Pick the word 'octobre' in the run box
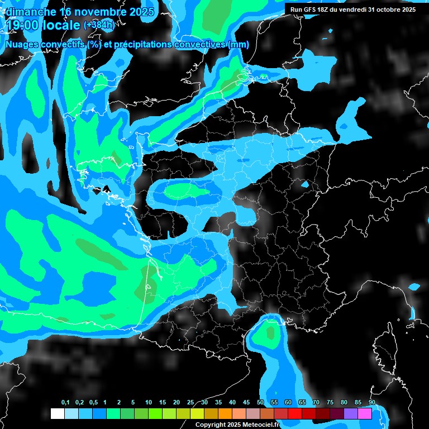[x=386, y=9]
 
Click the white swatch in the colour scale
[x=57, y=414]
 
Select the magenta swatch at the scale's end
[x=365, y=414]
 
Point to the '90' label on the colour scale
[x=371, y=403]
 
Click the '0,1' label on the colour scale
[x=65, y=403]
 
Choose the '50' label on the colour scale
[x=260, y=403]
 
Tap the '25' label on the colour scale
[x=190, y=403]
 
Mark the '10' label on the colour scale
[x=148, y=403]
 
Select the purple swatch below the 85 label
[x=351, y=414]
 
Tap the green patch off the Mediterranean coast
[x=270, y=333]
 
